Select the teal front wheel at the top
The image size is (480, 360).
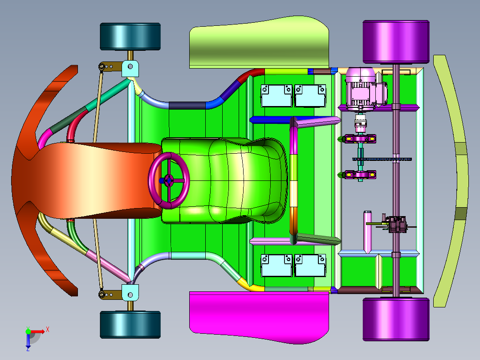130,37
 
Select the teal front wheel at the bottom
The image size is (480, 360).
130,325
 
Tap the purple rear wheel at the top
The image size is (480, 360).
396,42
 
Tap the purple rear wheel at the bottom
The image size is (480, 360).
396,319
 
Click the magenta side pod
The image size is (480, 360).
259,315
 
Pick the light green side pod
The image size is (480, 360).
259,43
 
